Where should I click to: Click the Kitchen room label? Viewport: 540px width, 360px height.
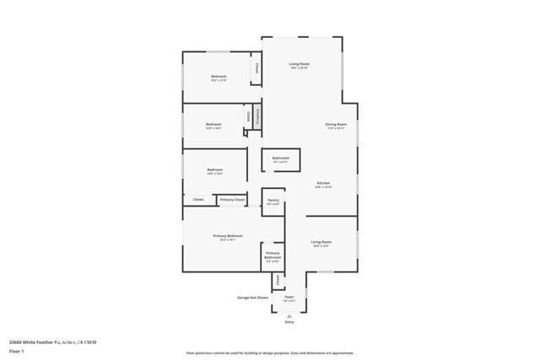pos(323,183)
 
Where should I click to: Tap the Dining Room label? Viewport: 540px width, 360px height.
pos(336,125)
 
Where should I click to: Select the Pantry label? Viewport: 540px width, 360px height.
pos(273,200)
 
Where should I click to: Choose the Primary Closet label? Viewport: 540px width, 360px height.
pos(232,200)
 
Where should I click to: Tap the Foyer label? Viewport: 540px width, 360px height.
pos(289,297)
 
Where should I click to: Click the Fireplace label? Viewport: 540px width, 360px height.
pos(257,116)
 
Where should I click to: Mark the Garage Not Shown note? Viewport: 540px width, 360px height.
pos(252,297)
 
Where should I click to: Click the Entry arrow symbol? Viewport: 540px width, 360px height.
pos(289,315)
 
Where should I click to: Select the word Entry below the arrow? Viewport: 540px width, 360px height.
pos(289,322)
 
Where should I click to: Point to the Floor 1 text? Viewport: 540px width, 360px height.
pos(17,350)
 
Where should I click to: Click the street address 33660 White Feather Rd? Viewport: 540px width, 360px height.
pos(52,341)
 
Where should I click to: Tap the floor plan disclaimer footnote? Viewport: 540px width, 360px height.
pos(270,353)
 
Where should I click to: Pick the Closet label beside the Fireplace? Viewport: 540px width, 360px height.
pos(249,116)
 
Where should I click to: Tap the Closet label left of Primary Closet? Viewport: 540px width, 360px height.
pos(198,200)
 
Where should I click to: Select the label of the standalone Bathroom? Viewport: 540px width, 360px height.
pos(280,158)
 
